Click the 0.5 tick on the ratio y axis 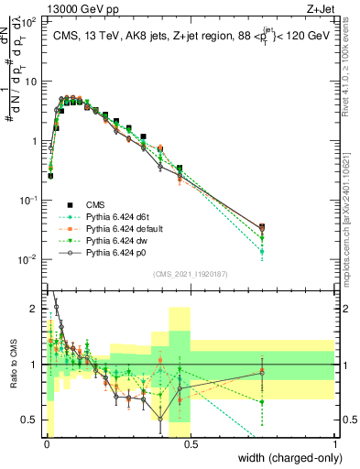coord(30,419)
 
